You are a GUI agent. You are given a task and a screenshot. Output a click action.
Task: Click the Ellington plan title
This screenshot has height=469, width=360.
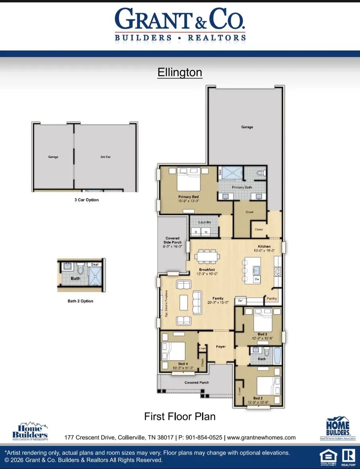pyautogui.click(x=180, y=73)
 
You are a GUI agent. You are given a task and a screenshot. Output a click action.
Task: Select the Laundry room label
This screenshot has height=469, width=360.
pyautogui.click(x=204, y=222)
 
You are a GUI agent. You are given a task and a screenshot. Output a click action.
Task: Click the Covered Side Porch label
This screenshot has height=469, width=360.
pyautogui.click(x=172, y=240)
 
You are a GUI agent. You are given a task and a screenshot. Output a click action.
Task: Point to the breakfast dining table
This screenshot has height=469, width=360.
pyautogui.click(x=207, y=255)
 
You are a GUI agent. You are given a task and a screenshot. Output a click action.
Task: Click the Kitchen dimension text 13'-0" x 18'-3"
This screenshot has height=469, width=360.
pyautogui.click(x=264, y=251)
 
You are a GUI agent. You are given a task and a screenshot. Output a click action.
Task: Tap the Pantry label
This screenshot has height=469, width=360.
pyautogui.click(x=272, y=299)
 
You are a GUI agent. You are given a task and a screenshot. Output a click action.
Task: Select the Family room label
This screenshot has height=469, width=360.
pyautogui.click(x=218, y=298)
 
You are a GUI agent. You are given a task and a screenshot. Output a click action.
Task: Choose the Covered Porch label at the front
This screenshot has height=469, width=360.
pyautogui.click(x=197, y=383)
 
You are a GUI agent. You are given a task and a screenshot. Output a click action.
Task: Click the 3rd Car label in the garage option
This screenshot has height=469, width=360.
pyautogui.click(x=105, y=157)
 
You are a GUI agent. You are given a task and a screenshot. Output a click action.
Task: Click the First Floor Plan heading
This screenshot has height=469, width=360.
pyautogui.click(x=180, y=417)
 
